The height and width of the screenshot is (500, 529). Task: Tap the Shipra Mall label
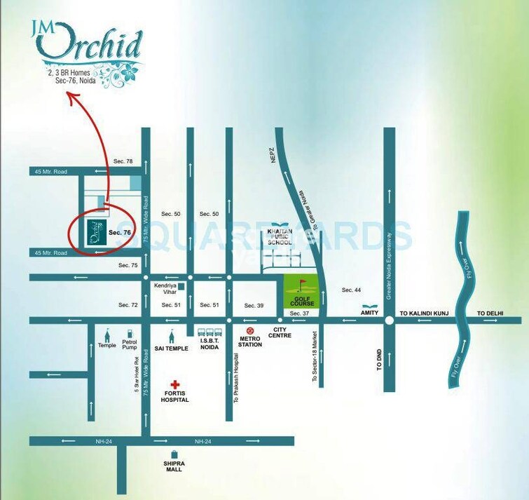point(174,466)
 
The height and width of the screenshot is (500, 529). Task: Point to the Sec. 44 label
point(351,290)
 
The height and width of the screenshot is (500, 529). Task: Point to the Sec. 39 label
point(254,306)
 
